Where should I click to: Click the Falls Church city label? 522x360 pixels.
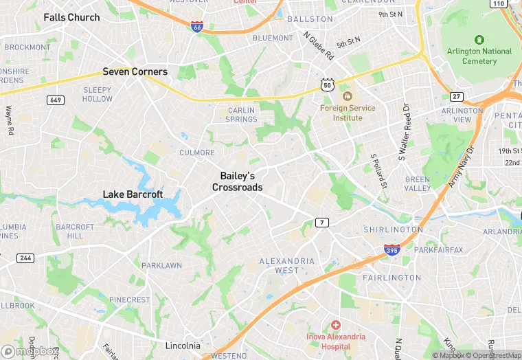click(x=71, y=17)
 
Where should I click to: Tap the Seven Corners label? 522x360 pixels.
click(x=135, y=71)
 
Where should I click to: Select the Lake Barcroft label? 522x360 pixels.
click(x=133, y=194)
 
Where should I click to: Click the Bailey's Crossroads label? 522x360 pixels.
click(x=237, y=181)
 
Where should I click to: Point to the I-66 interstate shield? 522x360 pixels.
click(x=197, y=27)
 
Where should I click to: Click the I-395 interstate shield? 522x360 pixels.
click(x=391, y=251)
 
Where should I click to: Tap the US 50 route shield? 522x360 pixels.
click(x=327, y=84)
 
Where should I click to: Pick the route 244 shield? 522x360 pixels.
click(x=25, y=258)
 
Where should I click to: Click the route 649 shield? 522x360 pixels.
click(x=56, y=100)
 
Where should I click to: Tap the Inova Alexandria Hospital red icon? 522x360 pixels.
click(x=335, y=324)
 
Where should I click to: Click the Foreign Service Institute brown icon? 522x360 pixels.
click(x=347, y=96)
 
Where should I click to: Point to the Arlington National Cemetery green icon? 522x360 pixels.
click(x=479, y=40)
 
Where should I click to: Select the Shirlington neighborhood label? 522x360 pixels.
click(x=393, y=229)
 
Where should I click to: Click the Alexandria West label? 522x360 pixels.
click(x=286, y=265)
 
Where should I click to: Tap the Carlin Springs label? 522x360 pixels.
click(x=241, y=115)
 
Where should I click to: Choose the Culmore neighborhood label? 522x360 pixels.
click(x=196, y=153)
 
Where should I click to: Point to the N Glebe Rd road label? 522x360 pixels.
click(x=318, y=46)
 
